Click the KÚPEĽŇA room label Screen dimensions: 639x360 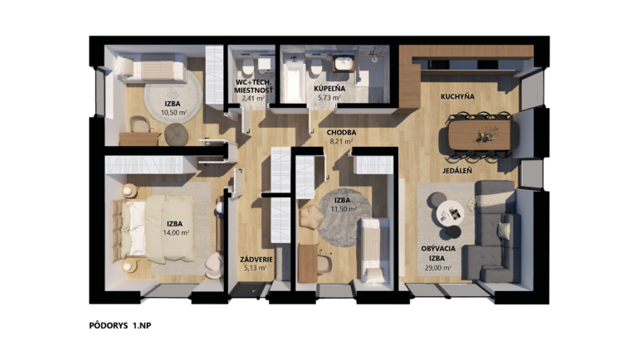pos(329,89)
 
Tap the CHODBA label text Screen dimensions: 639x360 pos(342,133)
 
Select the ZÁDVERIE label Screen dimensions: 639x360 pos(256,260)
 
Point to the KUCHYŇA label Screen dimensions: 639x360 pos(457,96)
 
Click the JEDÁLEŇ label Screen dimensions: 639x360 pos(457,171)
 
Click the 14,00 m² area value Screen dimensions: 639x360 pos(177,233)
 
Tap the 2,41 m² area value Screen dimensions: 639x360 pos(253,98)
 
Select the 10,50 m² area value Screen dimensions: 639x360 pos(174,113)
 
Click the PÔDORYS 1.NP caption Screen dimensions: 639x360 pos(120,325)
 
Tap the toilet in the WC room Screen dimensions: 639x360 pos(248,67)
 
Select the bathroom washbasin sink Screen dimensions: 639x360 pos(344,64)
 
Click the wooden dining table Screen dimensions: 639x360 pos(480,134)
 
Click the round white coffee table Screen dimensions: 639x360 pos(451,213)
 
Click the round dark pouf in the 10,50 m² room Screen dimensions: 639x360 pos(177,134)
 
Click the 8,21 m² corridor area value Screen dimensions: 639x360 pos(342,142)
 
